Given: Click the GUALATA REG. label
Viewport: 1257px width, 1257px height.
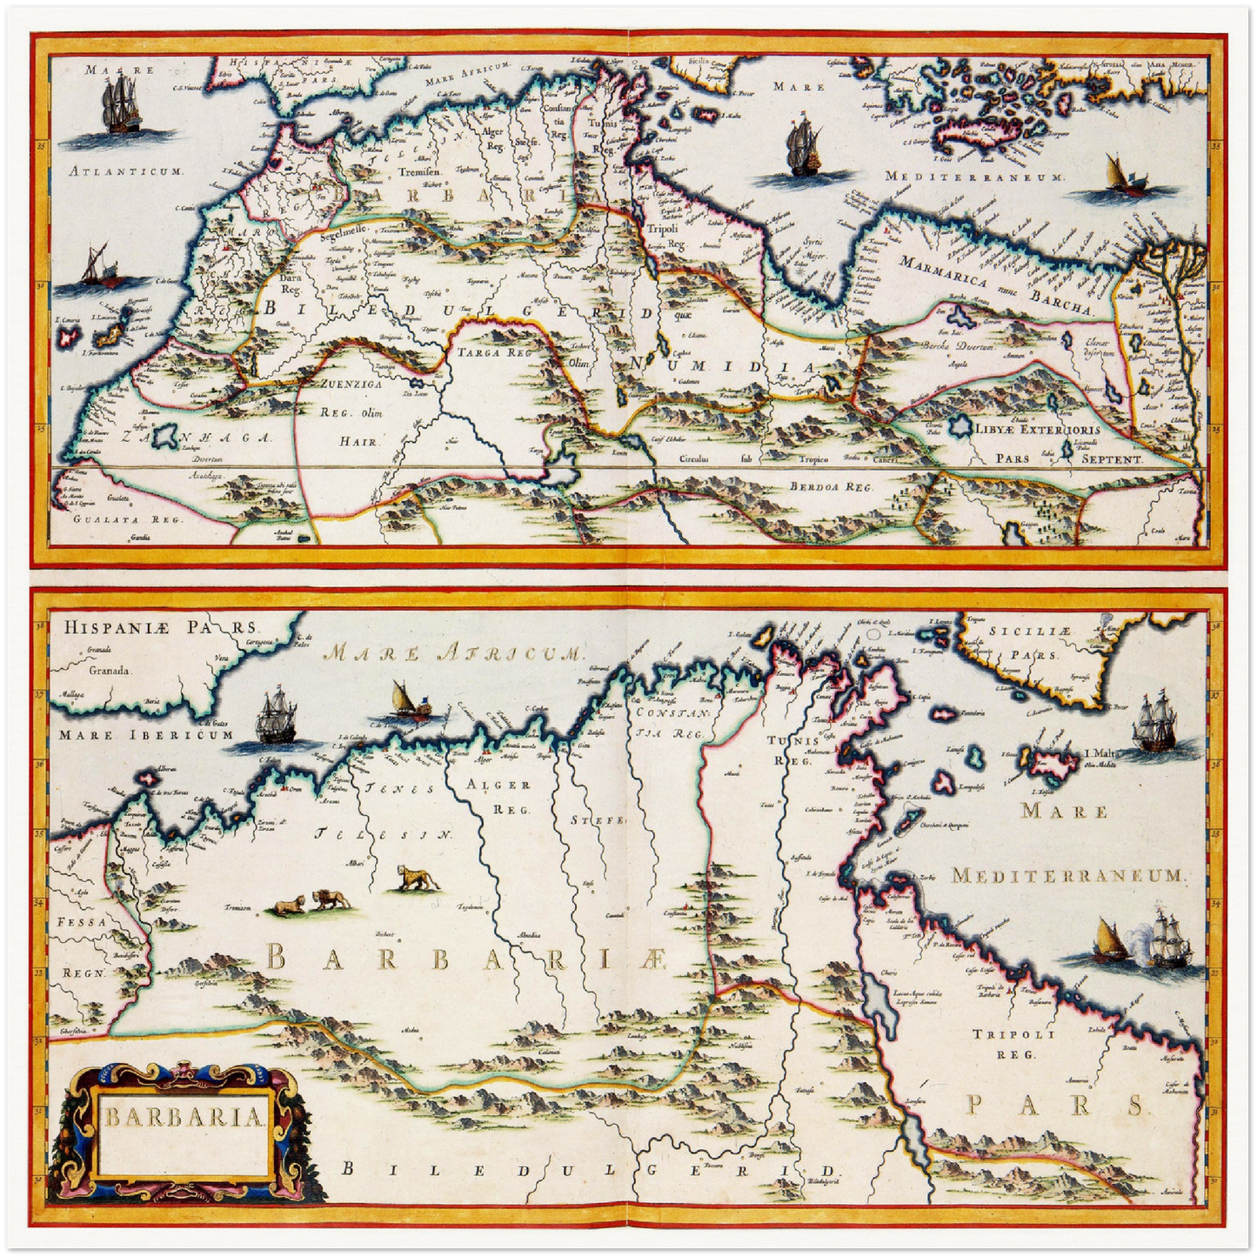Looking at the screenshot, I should pyautogui.click(x=118, y=518).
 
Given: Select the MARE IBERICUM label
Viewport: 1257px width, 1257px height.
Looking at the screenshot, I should pyautogui.click(x=147, y=735).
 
